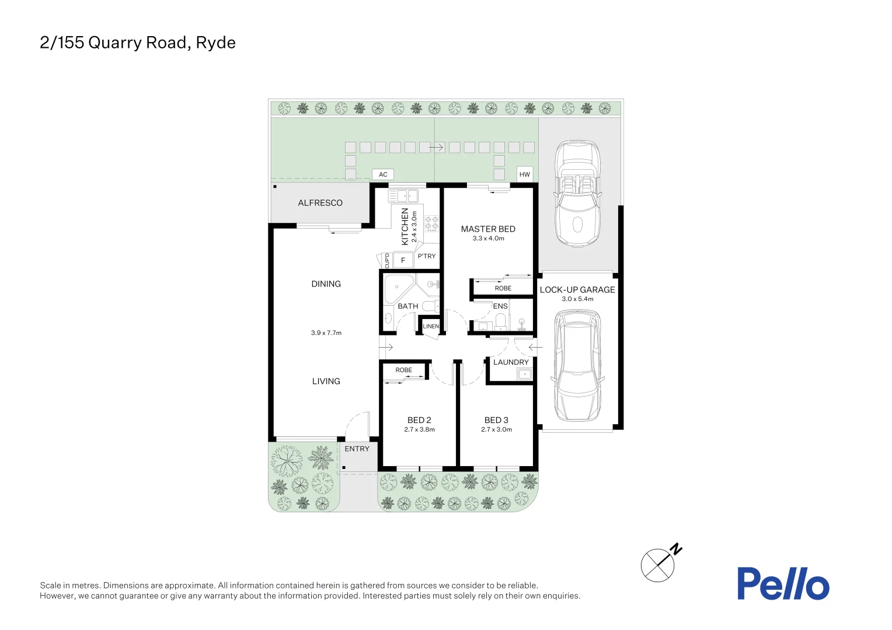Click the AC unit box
[x=383, y=174]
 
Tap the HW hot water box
[x=524, y=174]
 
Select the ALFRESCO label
[x=320, y=203]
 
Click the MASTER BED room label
[x=488, y=229]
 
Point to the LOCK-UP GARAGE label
[x=577, y=290]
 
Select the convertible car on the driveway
[x=577, y=192]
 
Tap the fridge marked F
[x=403, y=260]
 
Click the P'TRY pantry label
[x=426, y=256]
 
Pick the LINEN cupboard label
[x=431, y=327]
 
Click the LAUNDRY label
[x=511, y=362]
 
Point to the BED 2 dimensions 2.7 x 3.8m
[x=419, y=430]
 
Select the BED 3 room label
[x=496, y=420]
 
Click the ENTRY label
[x=357, y=449]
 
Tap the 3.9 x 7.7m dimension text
[x=326, y=333]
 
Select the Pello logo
[x=782, y=584]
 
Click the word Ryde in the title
[x=215, y=43]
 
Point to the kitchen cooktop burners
[x=431, y=224]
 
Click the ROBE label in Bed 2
[x=403, y=370]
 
